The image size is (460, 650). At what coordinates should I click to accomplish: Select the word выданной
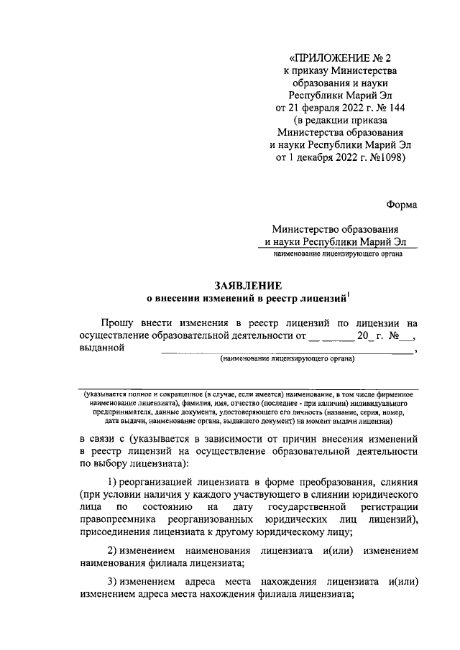coord(100,350)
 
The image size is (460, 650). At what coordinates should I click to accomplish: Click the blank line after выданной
coord(287,352)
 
